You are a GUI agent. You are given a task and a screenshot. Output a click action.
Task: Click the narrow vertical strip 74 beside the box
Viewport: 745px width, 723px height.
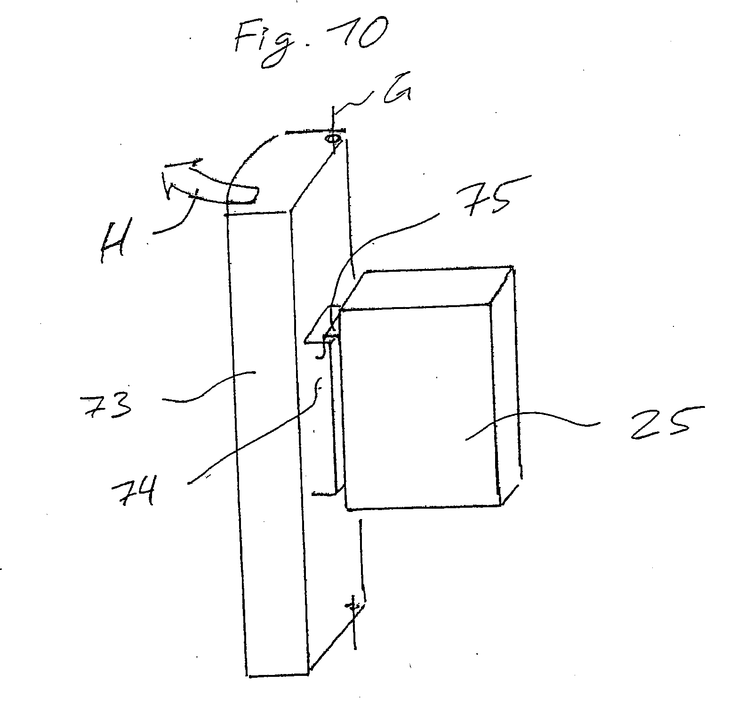click(x=335, y=414)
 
